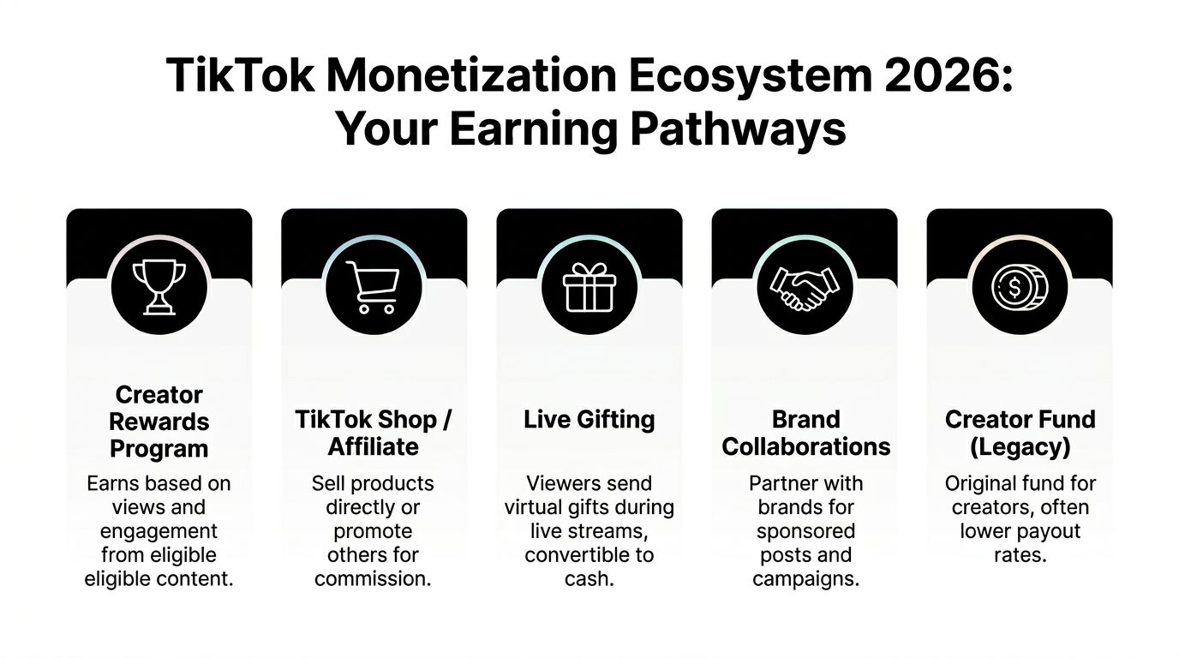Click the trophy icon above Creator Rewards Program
(159, 285)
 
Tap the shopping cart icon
(374, 285)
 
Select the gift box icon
(589, 285)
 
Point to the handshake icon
(805, 285)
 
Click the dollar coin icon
(1020, 285)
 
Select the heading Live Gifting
(589, 420)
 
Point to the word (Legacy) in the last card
(1020, 446)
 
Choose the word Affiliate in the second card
(374, 446)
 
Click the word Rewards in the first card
(159, 422)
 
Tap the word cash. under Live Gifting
(589, 579)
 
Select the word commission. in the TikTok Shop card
(373, 579)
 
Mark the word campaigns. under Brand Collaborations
(805, 579)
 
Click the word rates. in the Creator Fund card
(1020, 555)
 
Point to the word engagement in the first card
(159, 531)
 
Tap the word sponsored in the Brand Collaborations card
(805, 531)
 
